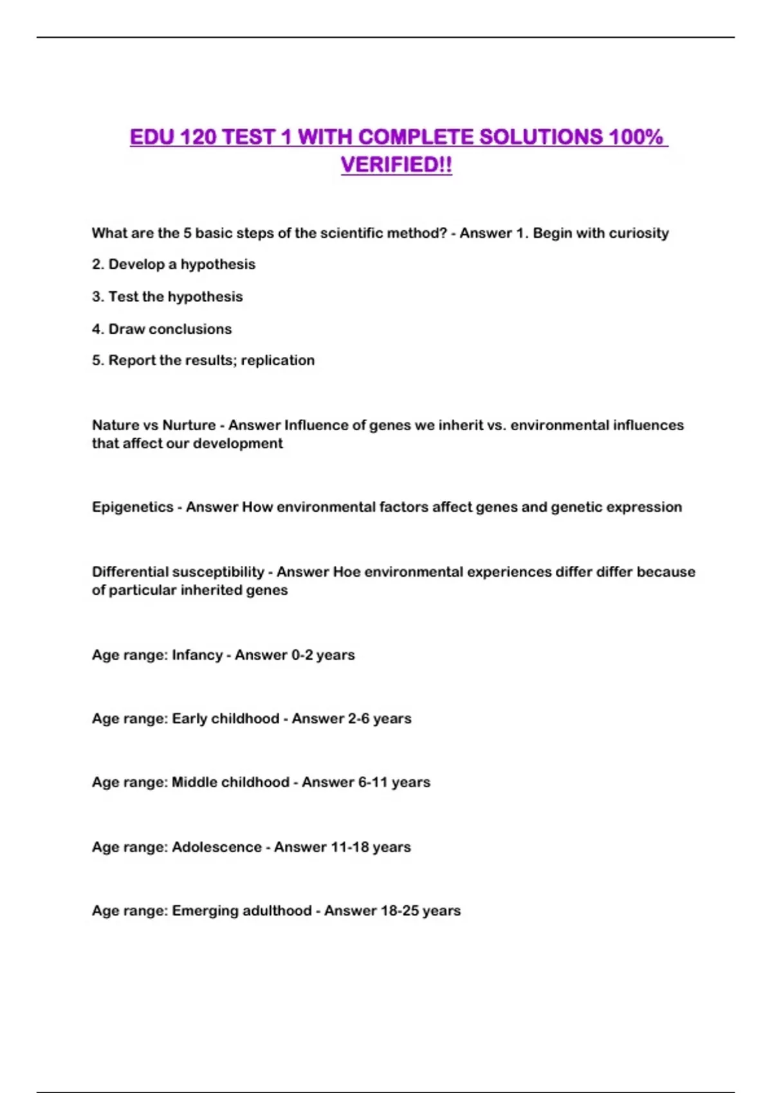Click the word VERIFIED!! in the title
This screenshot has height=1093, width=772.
tap(396, 165)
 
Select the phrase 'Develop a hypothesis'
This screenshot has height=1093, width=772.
tap(181, 264)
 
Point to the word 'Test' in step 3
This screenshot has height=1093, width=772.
tap(124, 296)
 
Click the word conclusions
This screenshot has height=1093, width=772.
tap(190, 329)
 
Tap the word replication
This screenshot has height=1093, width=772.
tap(278, 360)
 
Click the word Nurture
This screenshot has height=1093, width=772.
tap(189, 425)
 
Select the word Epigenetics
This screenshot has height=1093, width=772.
tap(133, 507)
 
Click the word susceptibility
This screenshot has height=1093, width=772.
tap(218, 572)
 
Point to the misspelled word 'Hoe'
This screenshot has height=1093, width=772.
tap(346, 572)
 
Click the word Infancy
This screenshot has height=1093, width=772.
tap(197, 655)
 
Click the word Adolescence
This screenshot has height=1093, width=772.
tap(217, 847)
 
